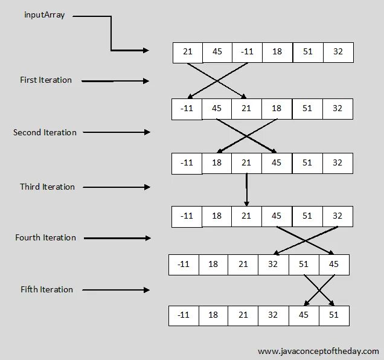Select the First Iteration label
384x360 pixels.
46,80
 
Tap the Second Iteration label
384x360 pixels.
45,132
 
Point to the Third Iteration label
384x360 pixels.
47,187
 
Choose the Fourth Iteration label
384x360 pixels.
46,237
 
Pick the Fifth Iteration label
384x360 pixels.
46,289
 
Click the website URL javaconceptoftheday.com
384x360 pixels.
318,351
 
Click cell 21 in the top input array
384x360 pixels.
187,52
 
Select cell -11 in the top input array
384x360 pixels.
247,52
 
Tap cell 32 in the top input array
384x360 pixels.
338,52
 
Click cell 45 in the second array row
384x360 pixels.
217,109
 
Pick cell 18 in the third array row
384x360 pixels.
217,162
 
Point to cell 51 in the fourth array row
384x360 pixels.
307,216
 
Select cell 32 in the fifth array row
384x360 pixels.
274,265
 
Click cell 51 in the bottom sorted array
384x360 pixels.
333,315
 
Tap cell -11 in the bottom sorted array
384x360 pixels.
184,315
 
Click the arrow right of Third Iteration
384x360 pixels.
116,187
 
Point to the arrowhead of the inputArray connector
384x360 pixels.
146,51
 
